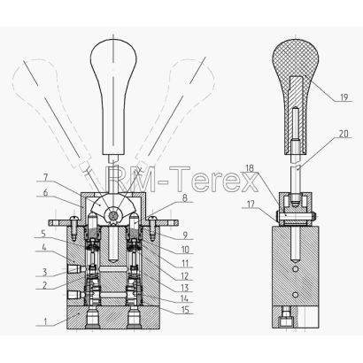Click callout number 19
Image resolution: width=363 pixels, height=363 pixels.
coord(344,97)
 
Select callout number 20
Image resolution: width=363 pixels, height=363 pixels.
coord(344,134)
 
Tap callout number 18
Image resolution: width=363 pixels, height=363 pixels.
coord(250,168)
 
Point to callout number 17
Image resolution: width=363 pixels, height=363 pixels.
coord(251,204)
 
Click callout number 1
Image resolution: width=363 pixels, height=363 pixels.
coord(45,321)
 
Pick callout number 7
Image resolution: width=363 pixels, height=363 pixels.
coord(45,177)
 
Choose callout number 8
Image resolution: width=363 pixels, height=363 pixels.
coord(184,197)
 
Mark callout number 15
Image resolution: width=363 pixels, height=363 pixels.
coord(184,309)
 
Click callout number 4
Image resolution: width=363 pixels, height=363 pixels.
coord(44,246)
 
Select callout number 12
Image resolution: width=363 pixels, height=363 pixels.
coord(184,276)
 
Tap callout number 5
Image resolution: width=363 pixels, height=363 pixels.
coord(43,234)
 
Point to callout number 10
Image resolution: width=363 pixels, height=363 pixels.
coord(185,250)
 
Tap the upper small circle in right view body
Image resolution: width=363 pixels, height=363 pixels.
coord(295,269)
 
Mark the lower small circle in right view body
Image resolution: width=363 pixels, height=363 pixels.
coord(295,294)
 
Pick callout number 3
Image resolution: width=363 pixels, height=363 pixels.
coord(45,271)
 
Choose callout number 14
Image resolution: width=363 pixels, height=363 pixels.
coord(184,297)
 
